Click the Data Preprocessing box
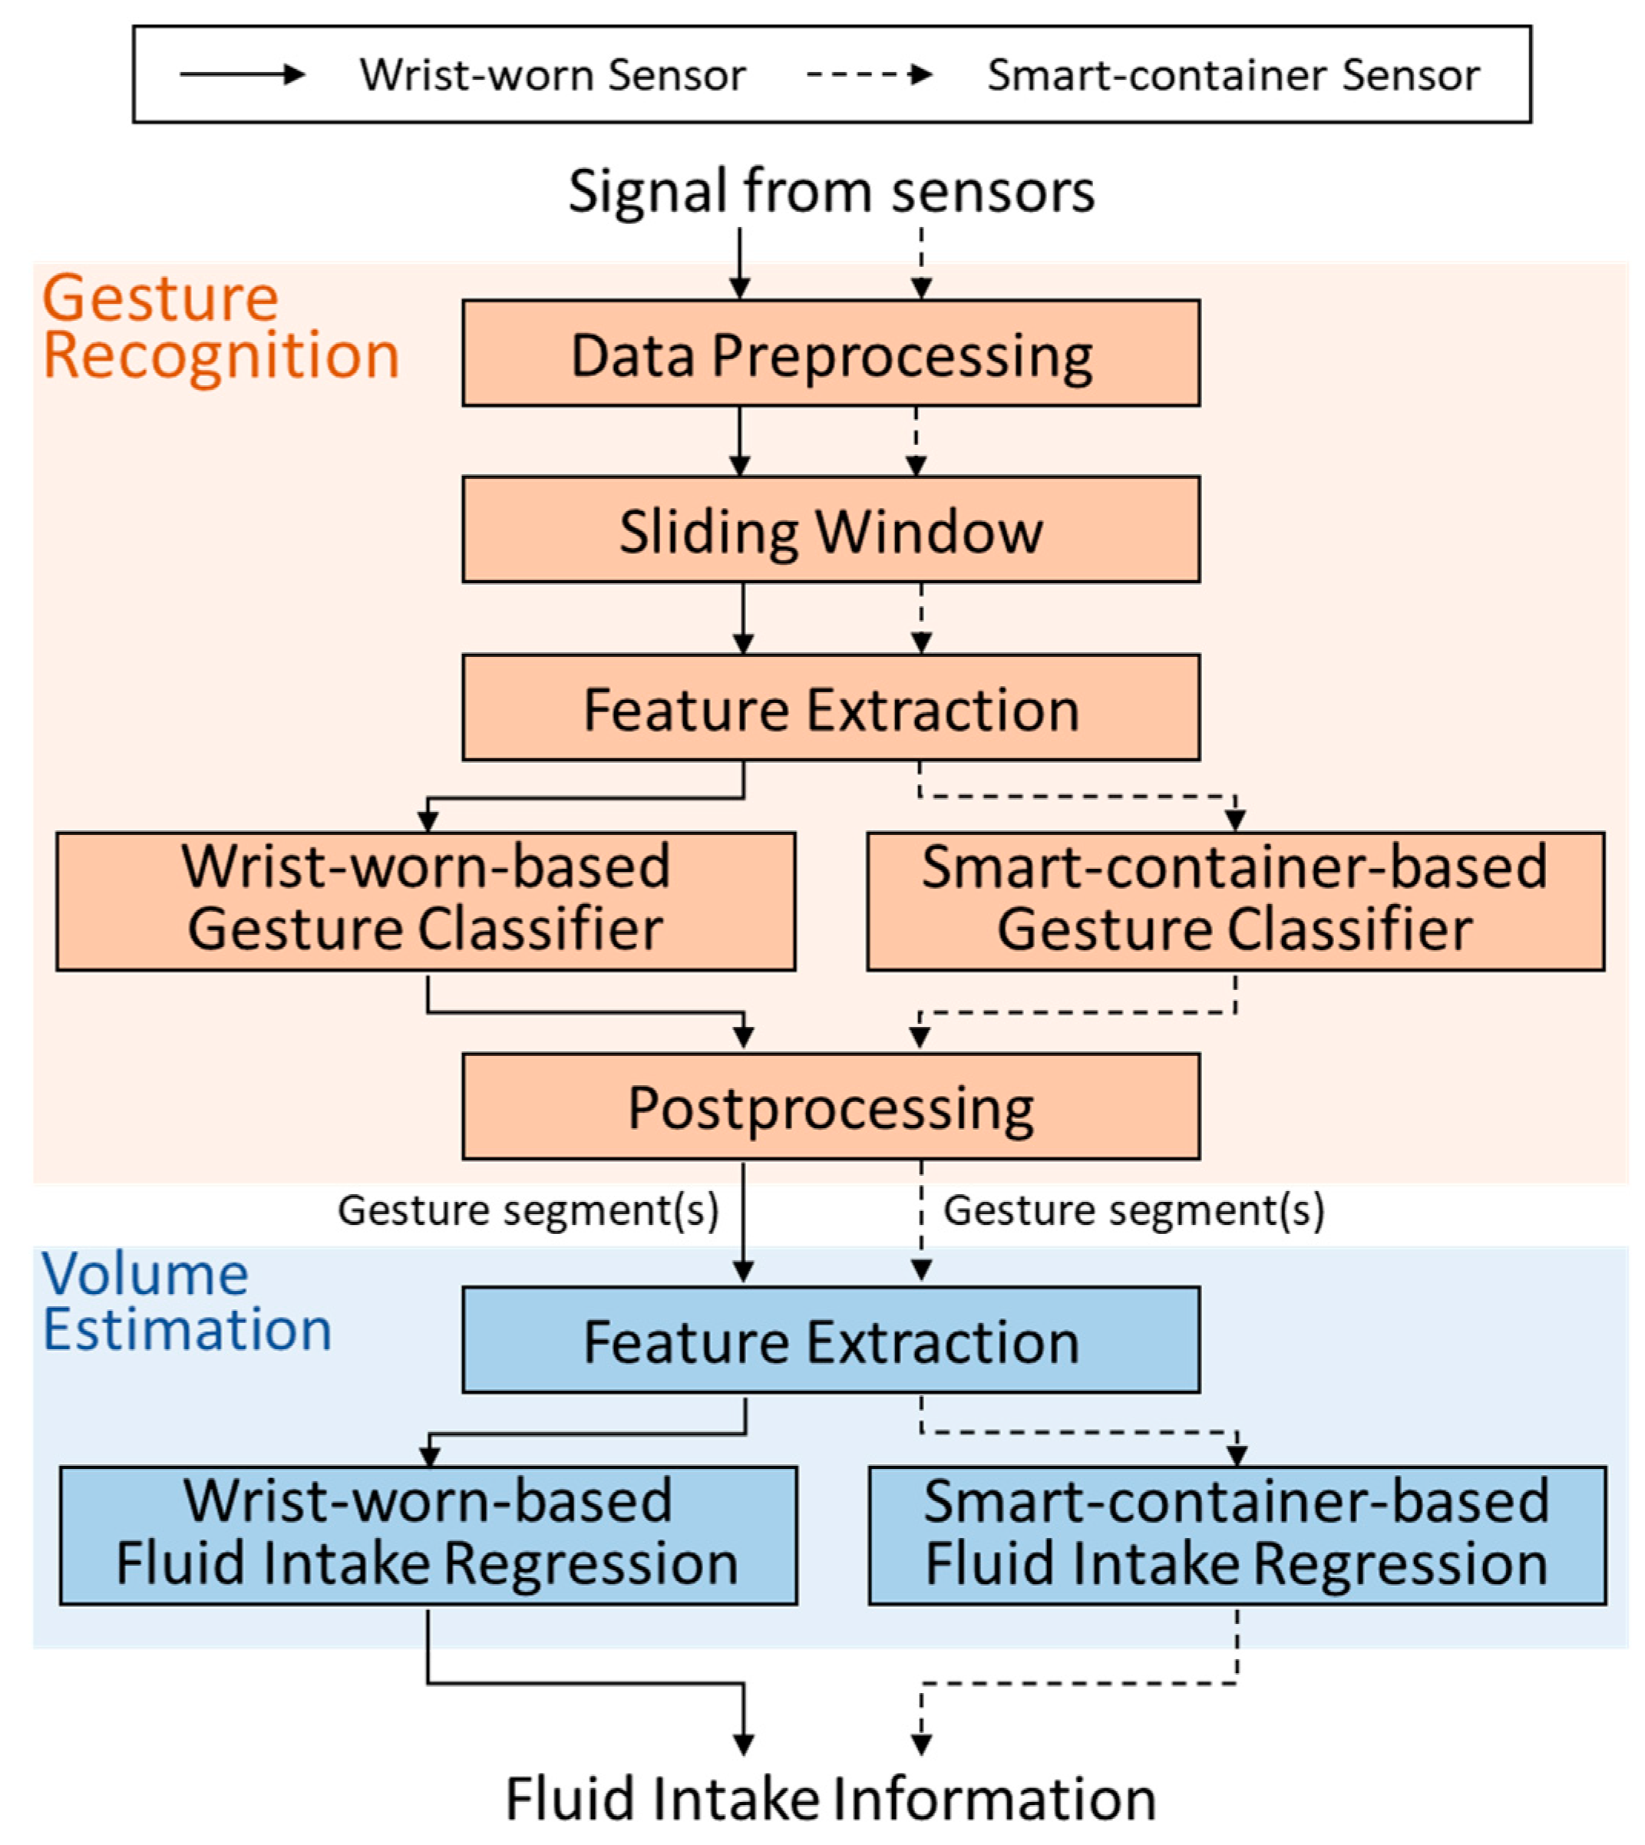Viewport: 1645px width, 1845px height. coord(831,352)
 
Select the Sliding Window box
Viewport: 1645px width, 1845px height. coord(831,530)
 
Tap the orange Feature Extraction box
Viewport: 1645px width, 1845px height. coord(831,708)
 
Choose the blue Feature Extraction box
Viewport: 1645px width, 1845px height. coord(831,1340)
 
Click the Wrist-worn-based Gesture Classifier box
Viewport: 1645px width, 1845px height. coord(426,902)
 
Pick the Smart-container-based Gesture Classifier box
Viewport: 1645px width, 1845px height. coord(1236,902)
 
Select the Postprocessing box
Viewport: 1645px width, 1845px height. coord(831,1107)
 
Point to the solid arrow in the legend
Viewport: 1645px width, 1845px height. coord(243,74)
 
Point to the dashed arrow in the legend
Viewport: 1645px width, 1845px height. coord(870,74)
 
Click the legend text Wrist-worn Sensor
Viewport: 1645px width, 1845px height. coord(553,74)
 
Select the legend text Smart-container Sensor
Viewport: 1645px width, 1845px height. coord(1234,74)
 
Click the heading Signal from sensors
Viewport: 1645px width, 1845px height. coord(831,192)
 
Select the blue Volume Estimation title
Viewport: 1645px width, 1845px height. coord(187,1301)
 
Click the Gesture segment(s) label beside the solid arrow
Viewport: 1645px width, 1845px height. coord(528,1210)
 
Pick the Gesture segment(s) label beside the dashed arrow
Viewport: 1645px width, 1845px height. coord(1135,1210)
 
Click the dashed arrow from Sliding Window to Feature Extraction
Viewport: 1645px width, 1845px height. coord(921,618)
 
